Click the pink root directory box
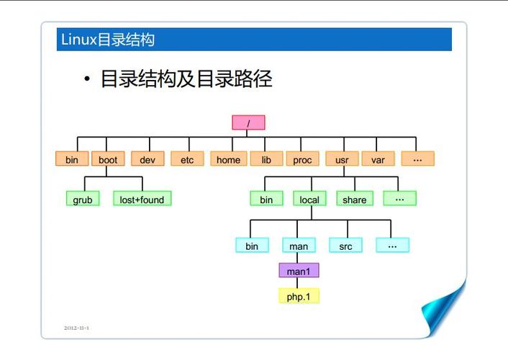(x=248, y=123)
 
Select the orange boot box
(x=108, y=159)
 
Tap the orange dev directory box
(x=148, y=159)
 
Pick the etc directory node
(x=187, y=159)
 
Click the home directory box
(x=228, y=159)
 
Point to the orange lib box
(x=266, y=159)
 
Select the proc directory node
(x=302, y=159)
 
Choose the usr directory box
(x=342, y=159)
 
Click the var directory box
(x=378, y=159)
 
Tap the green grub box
(x=83, y=199)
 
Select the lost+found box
(x=142, y=199)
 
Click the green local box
(x=309, y=199)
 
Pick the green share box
(x=354, y=199)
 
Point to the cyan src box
(x=346, y=246)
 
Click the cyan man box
(x=299, y=246)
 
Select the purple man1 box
(x=299, y=271)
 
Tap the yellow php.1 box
(x=299, y=296)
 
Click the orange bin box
(x=72, y=159)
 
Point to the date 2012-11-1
(x=76, y=328)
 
